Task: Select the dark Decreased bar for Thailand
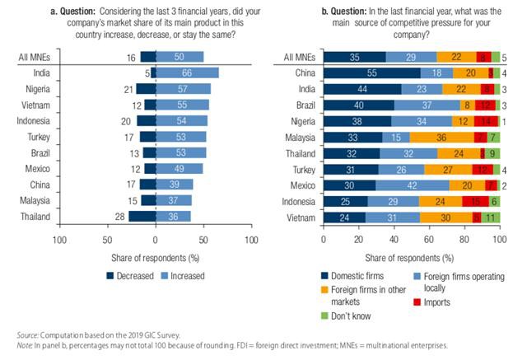coord(142,216)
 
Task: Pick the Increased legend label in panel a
coord(188,276)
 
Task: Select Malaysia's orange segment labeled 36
coord(442,137)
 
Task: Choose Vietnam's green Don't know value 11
coord(491,217)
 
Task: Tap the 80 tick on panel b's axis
coord(464,241)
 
